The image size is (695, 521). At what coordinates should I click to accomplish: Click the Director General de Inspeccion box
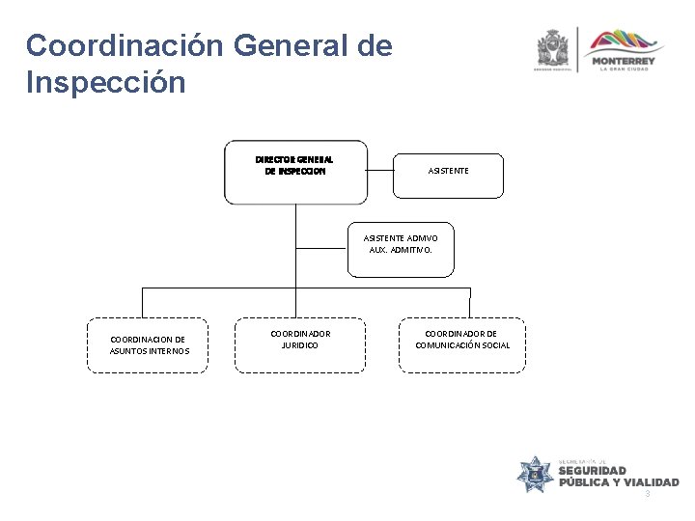coord(295,172)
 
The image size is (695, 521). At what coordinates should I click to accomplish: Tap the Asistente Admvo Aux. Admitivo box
coord(401,243)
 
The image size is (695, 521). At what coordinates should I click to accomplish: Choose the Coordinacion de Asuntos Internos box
coord(148,344)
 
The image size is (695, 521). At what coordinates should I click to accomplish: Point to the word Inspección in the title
coord(106,83)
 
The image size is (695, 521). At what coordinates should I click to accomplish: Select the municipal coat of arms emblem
coord(554,48)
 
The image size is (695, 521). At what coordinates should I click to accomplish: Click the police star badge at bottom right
coord(534,474)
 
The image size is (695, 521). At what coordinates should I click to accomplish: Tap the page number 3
coord(648,494)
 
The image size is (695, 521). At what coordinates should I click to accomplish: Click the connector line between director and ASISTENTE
coord(381,171)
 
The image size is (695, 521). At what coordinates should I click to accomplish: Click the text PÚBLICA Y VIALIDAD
coord(618,482)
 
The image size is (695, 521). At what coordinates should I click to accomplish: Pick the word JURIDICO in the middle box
coord(300,345)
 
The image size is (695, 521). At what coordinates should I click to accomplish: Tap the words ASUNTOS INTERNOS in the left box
coord(150,350)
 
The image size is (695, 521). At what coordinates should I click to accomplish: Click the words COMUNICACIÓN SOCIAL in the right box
coord(462,345)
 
